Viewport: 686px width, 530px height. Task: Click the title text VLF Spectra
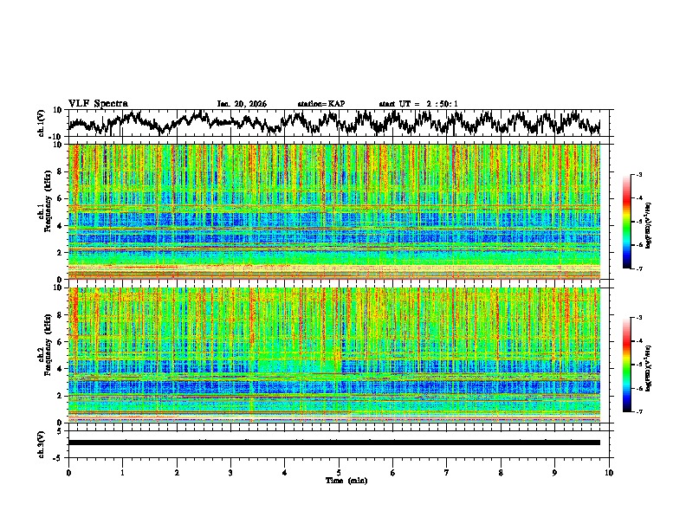[x=98, y=103]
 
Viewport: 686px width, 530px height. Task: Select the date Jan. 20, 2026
[x=242, y=104]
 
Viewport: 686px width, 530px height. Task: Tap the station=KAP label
[x=321, y=104]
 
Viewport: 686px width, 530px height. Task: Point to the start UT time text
[x=418, y=104]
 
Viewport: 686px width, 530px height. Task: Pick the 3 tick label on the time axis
[x=230, y=472]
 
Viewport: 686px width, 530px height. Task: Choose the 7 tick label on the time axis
[x=446, y=472]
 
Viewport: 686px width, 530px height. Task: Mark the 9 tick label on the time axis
[x=554, y=472]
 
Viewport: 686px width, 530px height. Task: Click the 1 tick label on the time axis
[x=122, y=472]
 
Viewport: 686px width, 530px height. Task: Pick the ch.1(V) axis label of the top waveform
[x=42, y=123]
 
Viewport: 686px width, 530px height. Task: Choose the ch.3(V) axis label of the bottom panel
[x=42, y=443]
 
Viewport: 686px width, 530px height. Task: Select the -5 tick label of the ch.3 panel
[x=59, y=456]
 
